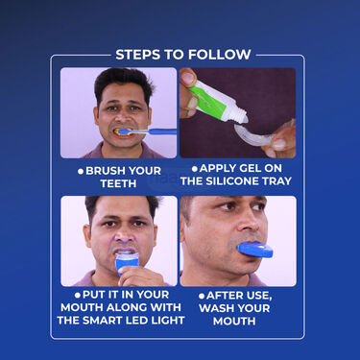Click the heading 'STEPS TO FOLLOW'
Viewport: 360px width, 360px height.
(182, 55)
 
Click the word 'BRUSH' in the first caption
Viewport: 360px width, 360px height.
(110, 170)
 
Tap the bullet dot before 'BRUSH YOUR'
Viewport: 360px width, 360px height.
(82, 170)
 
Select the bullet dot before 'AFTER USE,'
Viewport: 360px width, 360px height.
(203, 296)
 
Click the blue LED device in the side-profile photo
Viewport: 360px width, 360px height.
(254, 250)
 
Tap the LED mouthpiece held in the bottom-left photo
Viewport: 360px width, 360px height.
(128, 261)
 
